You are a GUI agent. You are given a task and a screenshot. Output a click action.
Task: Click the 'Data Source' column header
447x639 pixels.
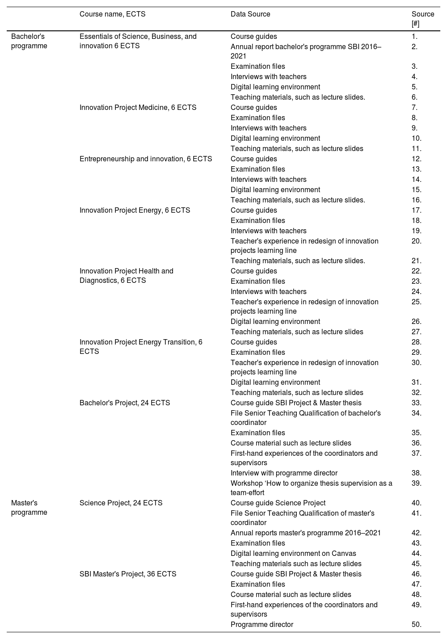click(x=250, y=14)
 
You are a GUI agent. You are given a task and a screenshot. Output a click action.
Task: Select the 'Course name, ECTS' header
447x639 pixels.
click(x=112, y=14)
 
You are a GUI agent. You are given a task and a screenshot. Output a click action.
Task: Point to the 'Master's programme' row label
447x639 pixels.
click(x=29, y=508)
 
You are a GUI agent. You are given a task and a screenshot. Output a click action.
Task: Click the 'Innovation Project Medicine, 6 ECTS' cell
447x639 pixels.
click(x=138, y=108)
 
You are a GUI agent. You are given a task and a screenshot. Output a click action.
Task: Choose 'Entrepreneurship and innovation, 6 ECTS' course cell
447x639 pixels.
click(x=146, y=159)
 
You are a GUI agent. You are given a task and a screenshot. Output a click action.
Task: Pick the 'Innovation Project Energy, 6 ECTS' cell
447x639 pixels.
click(x=135, y=210)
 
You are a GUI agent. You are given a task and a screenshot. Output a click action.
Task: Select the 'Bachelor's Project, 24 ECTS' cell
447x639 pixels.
click(x=125, y=403)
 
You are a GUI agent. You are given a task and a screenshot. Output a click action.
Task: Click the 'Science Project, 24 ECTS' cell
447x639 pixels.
click(x=121, y=503)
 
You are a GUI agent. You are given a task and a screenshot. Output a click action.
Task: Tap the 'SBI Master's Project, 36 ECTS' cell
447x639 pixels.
click(x=128, y=574)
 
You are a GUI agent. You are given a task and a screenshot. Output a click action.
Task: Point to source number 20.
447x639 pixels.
click(x=416, y=241)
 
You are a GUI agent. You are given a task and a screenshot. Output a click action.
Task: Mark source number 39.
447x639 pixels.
click(x=416, y=483)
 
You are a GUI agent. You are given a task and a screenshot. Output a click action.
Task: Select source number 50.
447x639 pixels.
click(x=416, y=625)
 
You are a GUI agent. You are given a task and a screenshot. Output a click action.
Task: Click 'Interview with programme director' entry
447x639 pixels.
click(x=284, y=473)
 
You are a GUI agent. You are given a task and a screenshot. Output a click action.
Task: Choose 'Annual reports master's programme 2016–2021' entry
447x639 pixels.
click(x=306, y=533)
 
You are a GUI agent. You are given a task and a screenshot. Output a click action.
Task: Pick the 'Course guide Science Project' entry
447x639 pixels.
click(x=278, y=503)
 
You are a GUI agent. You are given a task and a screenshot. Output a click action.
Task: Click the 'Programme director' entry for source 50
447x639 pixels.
click(x=262, y=625)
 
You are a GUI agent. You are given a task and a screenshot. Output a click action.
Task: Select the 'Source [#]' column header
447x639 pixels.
click(x=422, y=19)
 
